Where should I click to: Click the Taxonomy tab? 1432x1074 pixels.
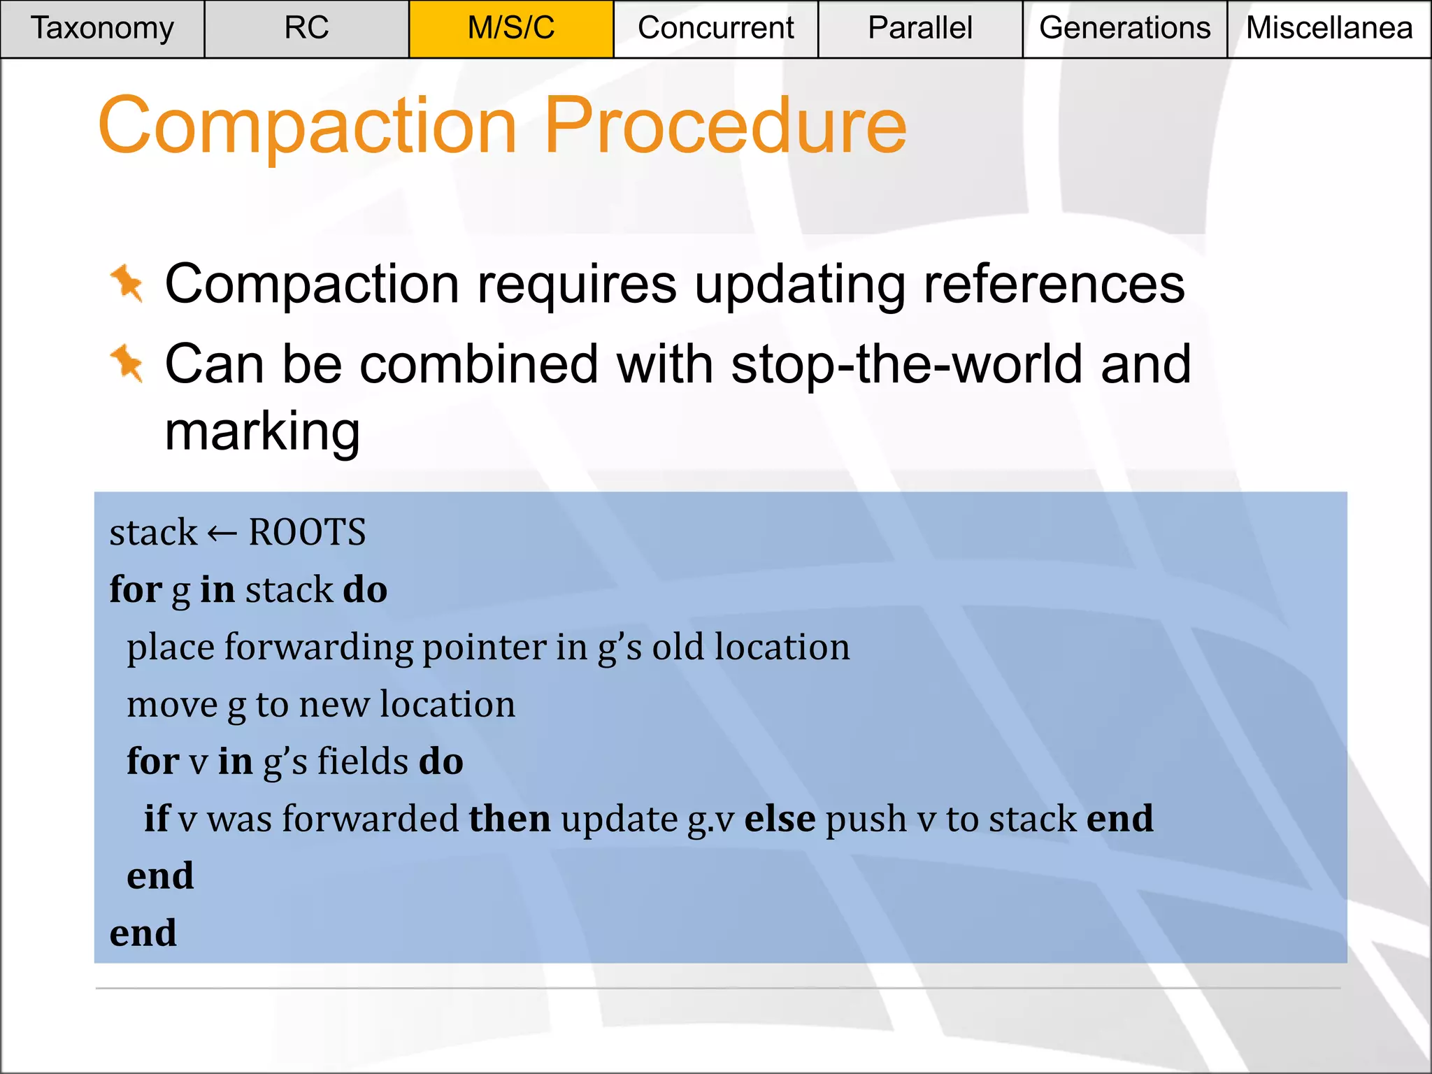[x=102, y=29]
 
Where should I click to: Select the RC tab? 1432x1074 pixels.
[x=306, y=29]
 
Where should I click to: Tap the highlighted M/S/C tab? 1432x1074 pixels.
[x=511, y=29]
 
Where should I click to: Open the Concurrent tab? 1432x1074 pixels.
[x=715, y=29]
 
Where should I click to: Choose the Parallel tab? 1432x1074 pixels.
[x=919, y=29]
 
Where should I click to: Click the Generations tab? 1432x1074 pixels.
[x=1124, y=29]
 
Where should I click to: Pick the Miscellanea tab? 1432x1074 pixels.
[x=1329, y=29]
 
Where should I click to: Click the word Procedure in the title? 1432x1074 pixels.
[x=725, y=126]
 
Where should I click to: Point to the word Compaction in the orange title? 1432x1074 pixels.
[x=308, y=126]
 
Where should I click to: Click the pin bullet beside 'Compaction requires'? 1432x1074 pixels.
[x=127, y=284]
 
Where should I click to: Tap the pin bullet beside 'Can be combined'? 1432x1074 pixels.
[x=127, y=364]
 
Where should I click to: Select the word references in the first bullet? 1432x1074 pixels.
[x=1054, y=285]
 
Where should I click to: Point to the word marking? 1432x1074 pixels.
[x=262, y=431]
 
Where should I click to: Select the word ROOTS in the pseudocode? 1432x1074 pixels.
[x=307, y=533]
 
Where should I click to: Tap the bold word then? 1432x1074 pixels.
[x=509, y=818]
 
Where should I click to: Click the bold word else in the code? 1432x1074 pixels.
[x=780, y=818]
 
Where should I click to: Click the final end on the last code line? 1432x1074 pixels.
[x=143, y=933]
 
